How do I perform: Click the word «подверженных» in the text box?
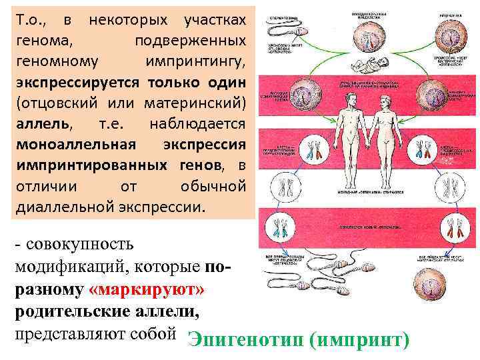(x=190, y=41)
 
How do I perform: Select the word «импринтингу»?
(x=195, y=62)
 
